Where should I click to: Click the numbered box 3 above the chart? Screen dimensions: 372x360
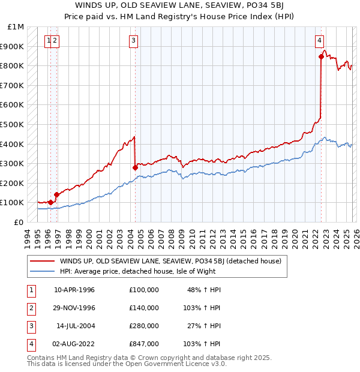133,41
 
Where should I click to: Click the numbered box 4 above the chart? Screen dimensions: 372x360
320,41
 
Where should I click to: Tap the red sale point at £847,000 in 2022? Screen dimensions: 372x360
321,57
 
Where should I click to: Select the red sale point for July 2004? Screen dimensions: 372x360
135,167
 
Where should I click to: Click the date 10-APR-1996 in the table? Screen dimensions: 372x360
74,290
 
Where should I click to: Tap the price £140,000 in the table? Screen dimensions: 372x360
144,308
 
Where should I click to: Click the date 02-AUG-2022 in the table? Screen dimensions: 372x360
74,344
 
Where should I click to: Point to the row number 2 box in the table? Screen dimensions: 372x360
29,308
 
